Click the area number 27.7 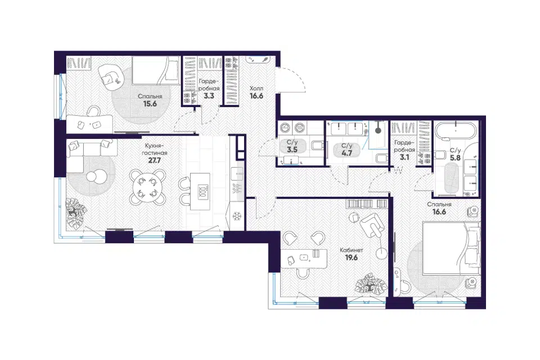tap(154, 160)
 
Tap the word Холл tap(256, 88)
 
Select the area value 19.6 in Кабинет tap(351, 257)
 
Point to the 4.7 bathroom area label tap(346, 154)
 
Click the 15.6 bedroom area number tap(150, 103)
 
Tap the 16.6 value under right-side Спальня tap(439, 212)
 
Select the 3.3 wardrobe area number tap(209, 96)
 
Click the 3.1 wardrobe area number tap(404, 157)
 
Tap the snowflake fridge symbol tap(237, 217)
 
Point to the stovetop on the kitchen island tap(204, 192)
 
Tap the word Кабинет tap(351, 250)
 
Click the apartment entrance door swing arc tap(297, 80)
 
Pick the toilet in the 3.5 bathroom tap(317, 146)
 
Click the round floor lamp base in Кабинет tap(381, 254)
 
